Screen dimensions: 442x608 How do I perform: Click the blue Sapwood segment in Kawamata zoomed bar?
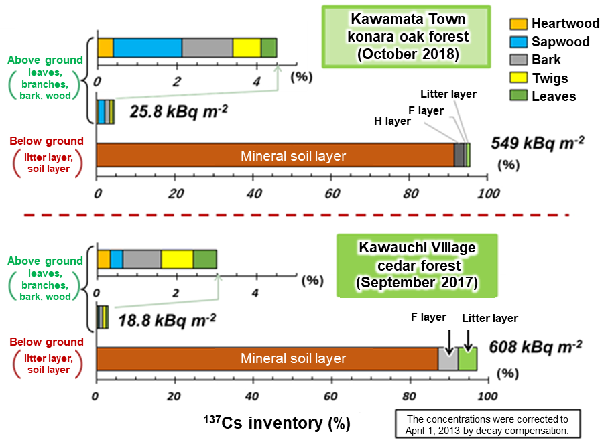(x=147, y=48)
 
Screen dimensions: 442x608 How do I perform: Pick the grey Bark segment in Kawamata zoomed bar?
(x=207, y=48)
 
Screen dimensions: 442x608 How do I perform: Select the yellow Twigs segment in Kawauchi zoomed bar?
(x=177, y=259)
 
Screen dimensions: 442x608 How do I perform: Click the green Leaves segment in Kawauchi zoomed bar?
(x=205, y=259)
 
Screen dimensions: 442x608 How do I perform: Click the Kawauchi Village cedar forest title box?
(x=416, y=265)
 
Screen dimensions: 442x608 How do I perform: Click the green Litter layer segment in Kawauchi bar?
(x=467, y=358)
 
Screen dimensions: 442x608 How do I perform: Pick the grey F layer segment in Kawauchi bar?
(x=448, y=358)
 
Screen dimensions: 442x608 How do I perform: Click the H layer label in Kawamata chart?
(x=393, y=121)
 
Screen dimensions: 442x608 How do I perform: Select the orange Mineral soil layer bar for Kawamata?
(x=275, y=155)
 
